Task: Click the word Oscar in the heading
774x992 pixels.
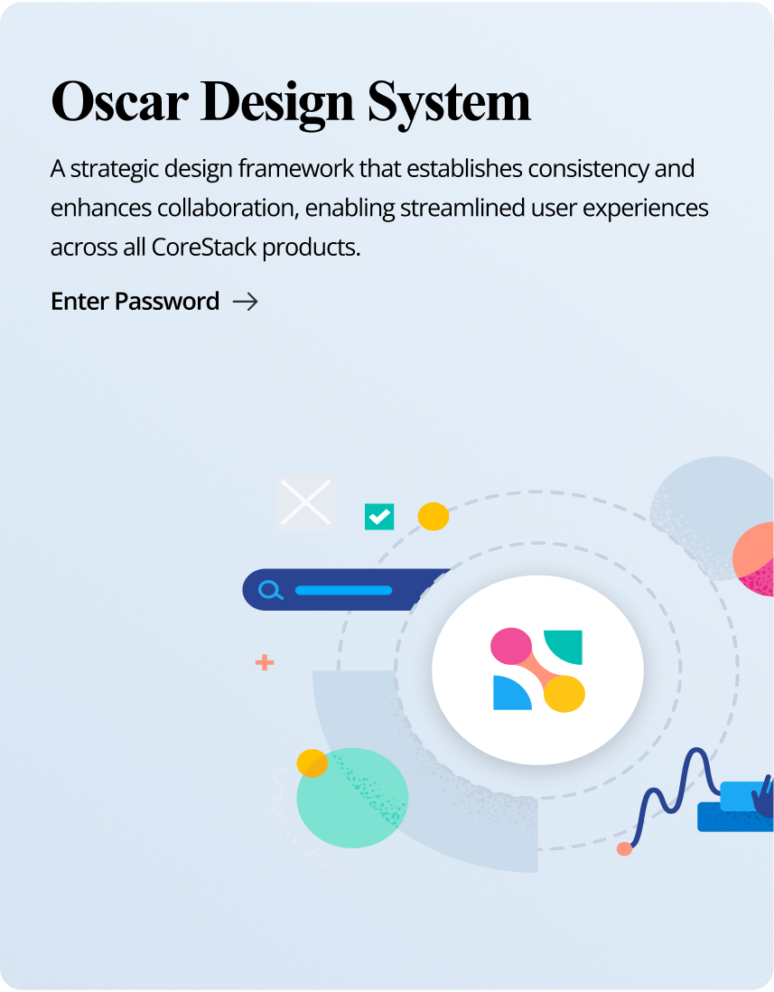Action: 119,102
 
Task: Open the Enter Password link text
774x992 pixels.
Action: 135,301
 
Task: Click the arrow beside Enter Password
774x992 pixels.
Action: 246,302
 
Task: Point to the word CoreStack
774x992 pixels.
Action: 203,247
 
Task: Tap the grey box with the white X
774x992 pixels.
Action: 306,502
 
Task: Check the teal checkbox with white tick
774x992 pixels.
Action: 379,517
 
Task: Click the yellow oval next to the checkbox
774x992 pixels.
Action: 434,516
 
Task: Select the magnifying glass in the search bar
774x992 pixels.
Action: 271,590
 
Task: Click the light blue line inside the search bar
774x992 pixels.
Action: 343,590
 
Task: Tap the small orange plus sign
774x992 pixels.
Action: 265,663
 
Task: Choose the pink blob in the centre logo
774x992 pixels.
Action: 511,646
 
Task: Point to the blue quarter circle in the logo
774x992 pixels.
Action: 510,693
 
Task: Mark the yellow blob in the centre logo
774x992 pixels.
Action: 564,694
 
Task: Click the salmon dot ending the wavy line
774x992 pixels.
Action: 624,849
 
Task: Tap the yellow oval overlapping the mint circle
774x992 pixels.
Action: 312,763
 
